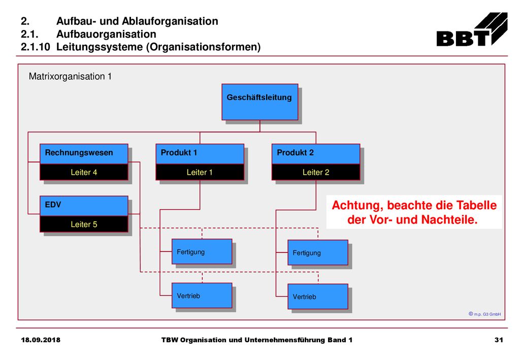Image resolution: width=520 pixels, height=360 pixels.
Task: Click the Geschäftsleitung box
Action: (x=259, y=102)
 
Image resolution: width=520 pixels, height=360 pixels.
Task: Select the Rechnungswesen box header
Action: (x=84, y=154)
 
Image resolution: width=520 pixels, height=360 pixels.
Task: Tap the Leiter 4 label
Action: (x=84, y=172)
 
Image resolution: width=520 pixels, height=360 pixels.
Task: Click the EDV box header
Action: (x=84, y=206)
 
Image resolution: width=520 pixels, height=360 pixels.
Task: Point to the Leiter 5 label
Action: (x=84, y=224)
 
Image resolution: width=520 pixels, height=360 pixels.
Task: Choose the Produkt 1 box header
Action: (x=200, y=154)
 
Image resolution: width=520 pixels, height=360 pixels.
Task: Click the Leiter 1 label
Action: (x=200, y=172)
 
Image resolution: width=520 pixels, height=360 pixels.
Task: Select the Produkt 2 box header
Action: (x=316, y=154)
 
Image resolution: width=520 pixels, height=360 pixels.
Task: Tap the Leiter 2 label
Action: (x=316, y=172)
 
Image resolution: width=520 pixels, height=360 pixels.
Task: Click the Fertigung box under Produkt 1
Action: (x=202, y=252)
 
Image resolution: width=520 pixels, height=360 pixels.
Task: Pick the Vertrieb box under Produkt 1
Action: (x=202, y=296)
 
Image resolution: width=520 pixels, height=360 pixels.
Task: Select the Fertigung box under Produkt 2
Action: (x=318, y=252)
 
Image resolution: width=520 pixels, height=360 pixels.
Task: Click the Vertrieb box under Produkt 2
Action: (x=318, y=297)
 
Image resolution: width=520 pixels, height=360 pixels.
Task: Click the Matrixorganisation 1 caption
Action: (x=70, y=77)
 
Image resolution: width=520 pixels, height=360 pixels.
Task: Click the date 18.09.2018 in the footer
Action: (x=41, y=340)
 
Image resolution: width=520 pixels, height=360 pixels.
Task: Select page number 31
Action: (x=499, y=340)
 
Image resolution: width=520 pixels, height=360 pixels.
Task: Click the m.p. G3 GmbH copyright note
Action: (x=485, y=314)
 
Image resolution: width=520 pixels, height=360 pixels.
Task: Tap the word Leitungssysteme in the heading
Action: (x=100, y=47)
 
